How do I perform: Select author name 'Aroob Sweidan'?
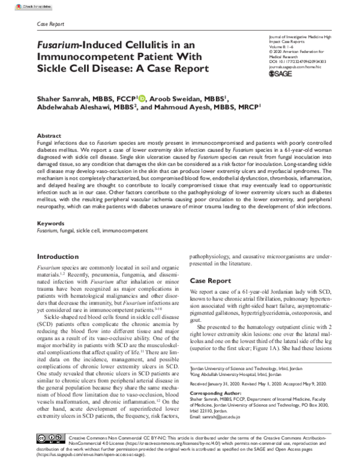coord(173,98)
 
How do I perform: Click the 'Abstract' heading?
coord(49,136)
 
